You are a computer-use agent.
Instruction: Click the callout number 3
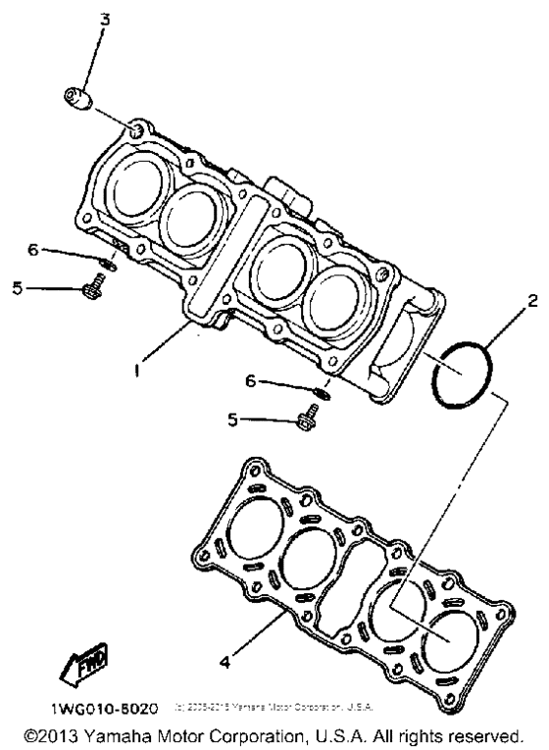click(106, 19)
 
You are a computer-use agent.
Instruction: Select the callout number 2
click(532, 302)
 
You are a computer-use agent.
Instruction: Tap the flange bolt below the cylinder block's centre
click(303, 421)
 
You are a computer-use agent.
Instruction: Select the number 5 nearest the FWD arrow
click(18, 288)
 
